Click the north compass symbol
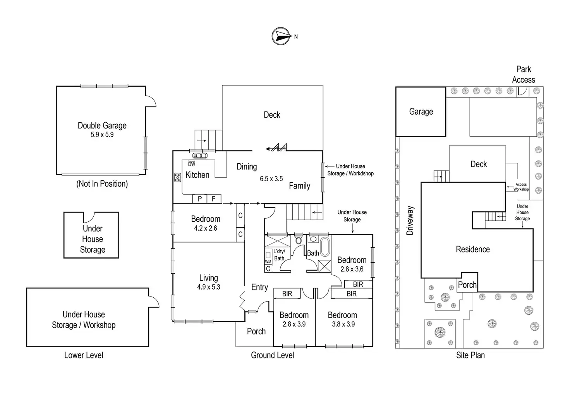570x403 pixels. pos(282,36)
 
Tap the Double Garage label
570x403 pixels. pos(102,125)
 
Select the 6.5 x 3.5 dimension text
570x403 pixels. pos(271,179)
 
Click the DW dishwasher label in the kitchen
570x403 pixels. pos(192,164)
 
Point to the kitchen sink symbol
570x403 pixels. pos(200,156)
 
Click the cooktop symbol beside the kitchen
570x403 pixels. pos(178,178)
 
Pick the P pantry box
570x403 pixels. pos(200,199)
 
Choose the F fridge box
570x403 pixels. pos(213,199)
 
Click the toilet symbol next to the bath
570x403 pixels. pos(298,240)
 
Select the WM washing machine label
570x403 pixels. pos(268,262)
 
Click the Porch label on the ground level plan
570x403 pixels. pos(256,331)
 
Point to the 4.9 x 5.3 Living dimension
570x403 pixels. pos(208,287)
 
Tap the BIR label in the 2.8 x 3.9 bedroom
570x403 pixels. pos(287,294)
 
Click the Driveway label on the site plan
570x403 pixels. pos(410,221)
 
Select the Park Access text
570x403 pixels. pos(524,74)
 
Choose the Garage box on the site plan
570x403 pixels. pos(421,112)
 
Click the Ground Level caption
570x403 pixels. pos(272,355)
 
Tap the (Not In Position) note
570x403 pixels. pos(102,184)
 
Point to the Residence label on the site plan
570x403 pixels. pos(473,250)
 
